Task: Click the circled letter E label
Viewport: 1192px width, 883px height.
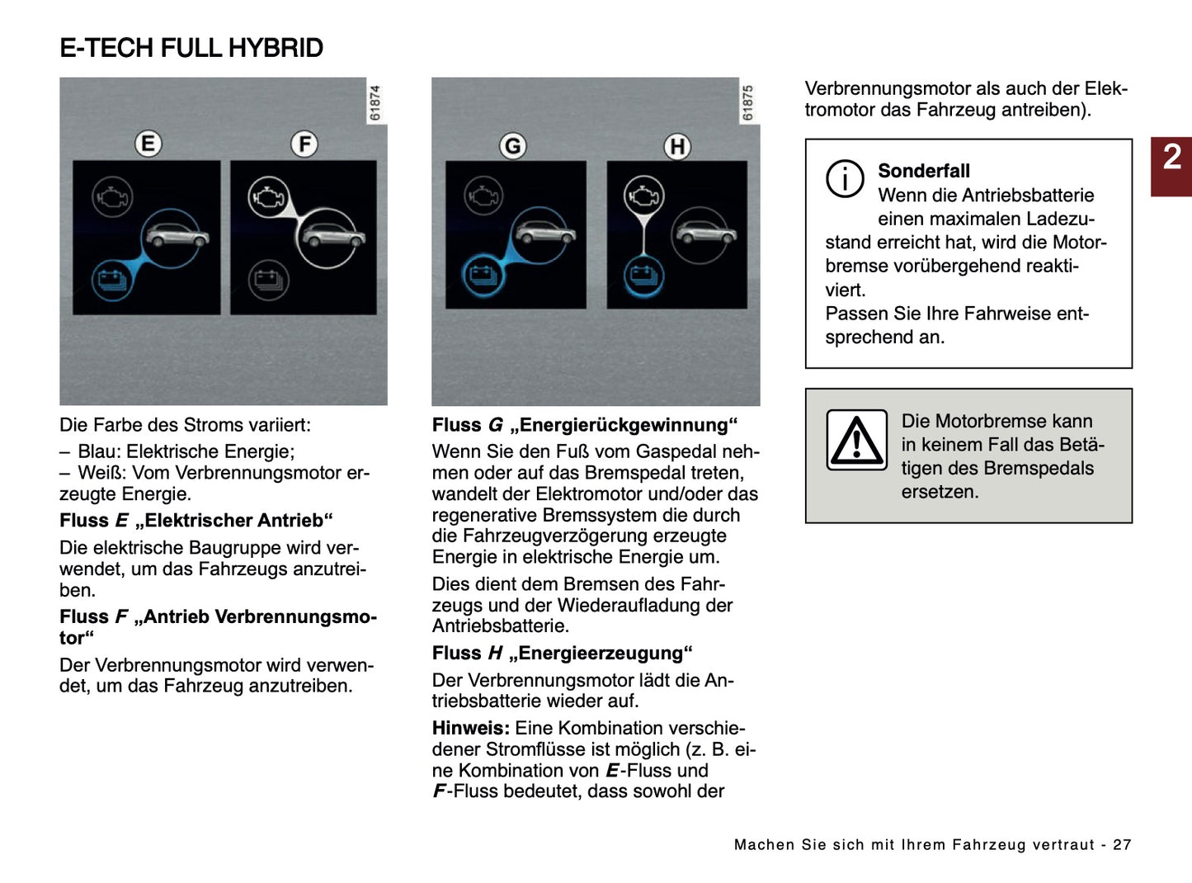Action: [x=148, y=144]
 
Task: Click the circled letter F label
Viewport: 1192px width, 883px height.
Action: [x=304, y=144]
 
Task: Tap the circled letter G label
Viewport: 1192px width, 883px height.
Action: [x=512, y=146]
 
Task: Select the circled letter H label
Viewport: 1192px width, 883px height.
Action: [x=677, y=147]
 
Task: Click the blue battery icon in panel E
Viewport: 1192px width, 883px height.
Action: [x=111, y=279]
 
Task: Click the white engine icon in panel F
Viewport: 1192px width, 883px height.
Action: [x=268, y=197]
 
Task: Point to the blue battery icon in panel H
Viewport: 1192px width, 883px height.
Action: [x=643, y=276]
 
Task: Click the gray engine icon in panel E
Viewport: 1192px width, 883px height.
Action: [x=112, y=197]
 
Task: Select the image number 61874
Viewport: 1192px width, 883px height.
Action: [x=375, y=102]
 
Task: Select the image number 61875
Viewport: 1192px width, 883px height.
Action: [x=748, y=102]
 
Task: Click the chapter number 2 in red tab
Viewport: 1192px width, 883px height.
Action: [x=1171, y=157]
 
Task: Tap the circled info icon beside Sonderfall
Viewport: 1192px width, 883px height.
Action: [x=845, y=178]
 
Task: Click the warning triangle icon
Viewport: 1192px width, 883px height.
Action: [x=857, y=440]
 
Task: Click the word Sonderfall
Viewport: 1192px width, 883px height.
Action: [x=923, y=171]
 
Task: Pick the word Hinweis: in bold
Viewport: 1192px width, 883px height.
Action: [x=470, y=728]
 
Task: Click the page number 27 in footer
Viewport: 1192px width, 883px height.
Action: [x=1122, y=844]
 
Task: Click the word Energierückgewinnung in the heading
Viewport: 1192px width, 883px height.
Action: [x=624, y=425]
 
